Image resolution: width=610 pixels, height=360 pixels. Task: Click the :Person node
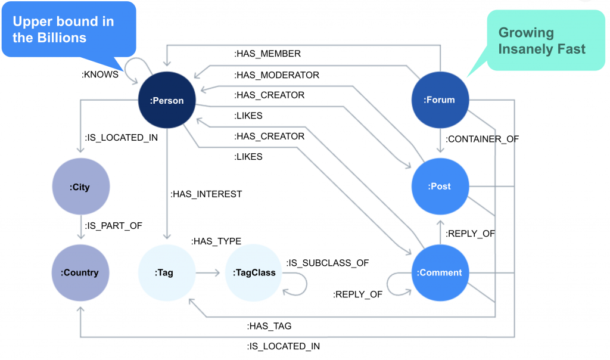pos(167,100)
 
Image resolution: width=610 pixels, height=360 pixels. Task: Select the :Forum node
pos(440,100)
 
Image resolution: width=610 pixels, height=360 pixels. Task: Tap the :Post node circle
pos(440,186)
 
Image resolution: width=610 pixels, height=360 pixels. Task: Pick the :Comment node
pos(440,272)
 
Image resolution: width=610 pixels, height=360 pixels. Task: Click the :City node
pos(81,187)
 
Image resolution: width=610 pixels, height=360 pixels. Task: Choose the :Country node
pos(80,272)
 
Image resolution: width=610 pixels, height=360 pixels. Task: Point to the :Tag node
pos(167,272)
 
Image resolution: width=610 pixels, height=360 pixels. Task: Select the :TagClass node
pos(254,272)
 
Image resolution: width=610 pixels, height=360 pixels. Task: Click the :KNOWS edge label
pos(99,75)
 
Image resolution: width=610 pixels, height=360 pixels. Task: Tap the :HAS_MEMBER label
pos(267,54)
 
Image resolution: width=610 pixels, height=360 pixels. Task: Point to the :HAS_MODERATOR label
pos(276,75)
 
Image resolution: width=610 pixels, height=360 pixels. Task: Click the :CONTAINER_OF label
pos(482,139)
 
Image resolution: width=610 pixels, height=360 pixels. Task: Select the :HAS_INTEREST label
pos(206,194)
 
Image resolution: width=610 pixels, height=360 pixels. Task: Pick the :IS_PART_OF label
pos(113,226)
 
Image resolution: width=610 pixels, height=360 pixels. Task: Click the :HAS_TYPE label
pos(216,241)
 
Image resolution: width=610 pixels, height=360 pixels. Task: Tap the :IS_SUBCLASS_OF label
pos(328,263)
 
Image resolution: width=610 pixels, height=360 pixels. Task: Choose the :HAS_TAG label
pos(269,326)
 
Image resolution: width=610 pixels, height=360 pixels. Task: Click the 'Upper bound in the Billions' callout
pos(69,30)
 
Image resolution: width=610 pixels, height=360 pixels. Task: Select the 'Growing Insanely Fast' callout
pos(542,41)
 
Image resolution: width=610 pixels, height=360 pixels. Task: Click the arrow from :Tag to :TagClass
pos(208,273)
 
